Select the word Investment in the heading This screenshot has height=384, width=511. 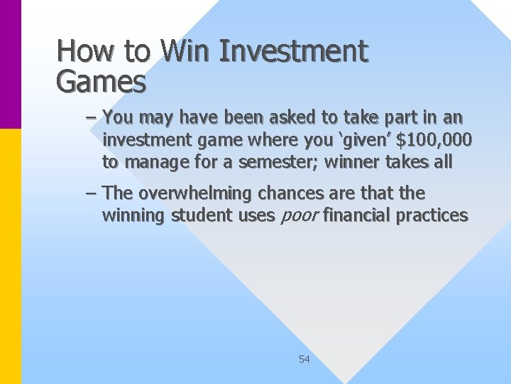294,51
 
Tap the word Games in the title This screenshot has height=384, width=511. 101,82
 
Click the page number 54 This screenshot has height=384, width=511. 304,359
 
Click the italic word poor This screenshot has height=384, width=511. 297,215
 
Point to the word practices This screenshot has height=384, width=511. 432,215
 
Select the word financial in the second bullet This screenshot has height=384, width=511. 358,215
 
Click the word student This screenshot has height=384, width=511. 201,215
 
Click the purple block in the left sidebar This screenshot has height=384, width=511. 11,64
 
